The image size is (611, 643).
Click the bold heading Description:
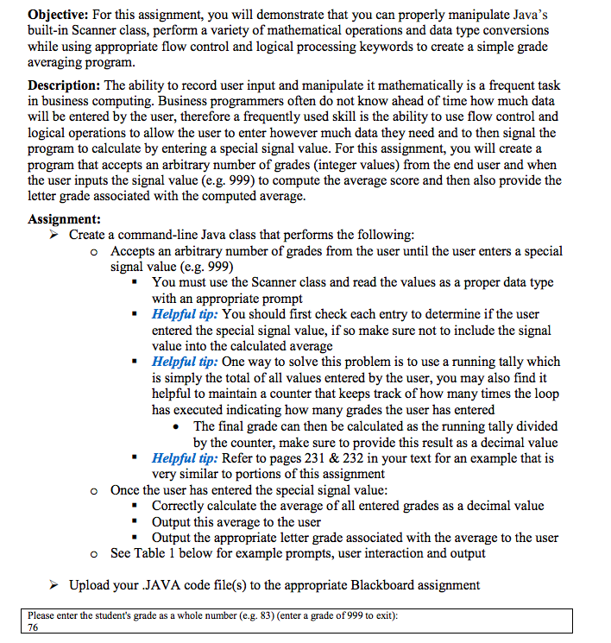click(x=65, y=85)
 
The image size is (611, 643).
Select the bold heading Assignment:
click(x=64, y=219)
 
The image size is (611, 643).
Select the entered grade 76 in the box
click(x=35, y=628)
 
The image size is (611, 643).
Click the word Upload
click(x=90, y=585)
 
